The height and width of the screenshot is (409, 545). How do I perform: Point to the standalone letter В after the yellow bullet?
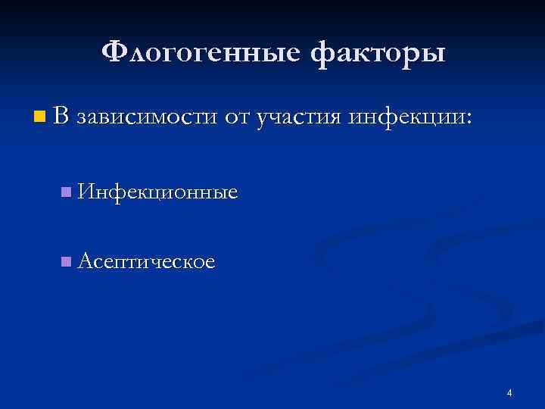(62, 117)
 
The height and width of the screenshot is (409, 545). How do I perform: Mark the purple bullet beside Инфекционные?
(67, 193)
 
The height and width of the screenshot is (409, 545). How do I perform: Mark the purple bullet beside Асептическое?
(67, 262)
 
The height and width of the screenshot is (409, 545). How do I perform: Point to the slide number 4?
(509, 392)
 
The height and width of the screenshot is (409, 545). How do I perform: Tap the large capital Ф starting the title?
(114, 52)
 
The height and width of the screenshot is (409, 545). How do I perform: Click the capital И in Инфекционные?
(85, 192)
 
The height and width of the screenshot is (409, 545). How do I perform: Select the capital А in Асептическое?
(85, 261)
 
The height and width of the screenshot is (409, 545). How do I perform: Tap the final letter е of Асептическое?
(210, 264)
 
